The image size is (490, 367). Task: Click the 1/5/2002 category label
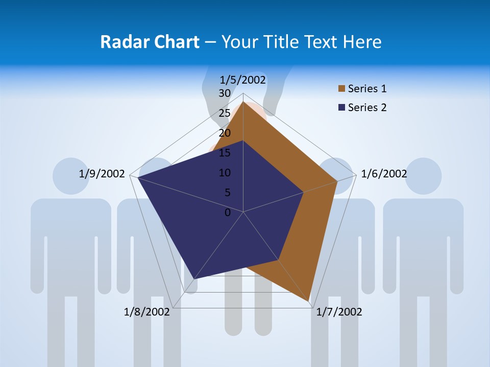[243, 80]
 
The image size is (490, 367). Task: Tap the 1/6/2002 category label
[384, 174]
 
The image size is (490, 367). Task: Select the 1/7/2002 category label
[339, 312]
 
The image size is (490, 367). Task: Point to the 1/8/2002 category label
[146, 312]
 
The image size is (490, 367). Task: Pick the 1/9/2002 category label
[102, 174]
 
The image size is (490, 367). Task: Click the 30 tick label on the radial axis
[225, 93]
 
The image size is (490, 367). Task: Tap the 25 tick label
[225, 113]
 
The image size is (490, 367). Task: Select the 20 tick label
[225, 133]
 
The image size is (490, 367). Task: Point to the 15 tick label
[225, 153]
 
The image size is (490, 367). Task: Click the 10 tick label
[225, 173]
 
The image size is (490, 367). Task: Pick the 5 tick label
[227, 193]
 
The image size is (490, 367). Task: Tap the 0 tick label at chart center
[228, 213]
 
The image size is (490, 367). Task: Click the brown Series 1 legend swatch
[341, 89]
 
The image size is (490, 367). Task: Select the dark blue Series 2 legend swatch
[341, 108]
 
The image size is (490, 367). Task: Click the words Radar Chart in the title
[150, 42]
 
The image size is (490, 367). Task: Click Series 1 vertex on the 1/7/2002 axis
[309, 301]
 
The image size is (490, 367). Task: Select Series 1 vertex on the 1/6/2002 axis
[337, 181]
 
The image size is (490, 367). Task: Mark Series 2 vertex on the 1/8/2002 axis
[194, 279]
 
